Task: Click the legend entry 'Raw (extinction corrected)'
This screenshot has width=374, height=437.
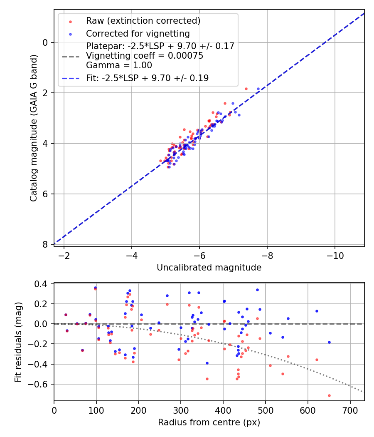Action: point(143,20)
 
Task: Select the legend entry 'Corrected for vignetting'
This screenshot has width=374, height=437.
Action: point(138,33)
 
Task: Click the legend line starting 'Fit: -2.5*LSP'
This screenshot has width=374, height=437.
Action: point(147,78)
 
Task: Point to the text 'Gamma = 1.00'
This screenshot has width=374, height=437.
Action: point(119,65)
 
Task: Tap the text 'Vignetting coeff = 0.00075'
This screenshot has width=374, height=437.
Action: point(145,56)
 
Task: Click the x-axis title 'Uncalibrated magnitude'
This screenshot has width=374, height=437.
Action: point(209,268)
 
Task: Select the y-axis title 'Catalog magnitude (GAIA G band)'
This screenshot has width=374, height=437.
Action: point(34,128)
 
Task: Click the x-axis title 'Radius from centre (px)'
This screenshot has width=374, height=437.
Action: point(209,422)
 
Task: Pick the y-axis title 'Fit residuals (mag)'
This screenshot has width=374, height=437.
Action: point(18,342)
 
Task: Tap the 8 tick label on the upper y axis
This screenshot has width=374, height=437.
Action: point(45,244)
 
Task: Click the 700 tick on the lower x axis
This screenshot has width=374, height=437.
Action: point(350,410)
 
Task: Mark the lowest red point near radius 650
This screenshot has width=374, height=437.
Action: point(329,395)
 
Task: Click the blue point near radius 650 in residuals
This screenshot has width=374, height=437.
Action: point(329,342)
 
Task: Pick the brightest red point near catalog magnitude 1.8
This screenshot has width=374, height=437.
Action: point(246,89)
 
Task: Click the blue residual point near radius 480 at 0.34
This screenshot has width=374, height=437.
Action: point(257,290)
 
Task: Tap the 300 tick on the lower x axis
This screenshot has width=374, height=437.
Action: point(181,410)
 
